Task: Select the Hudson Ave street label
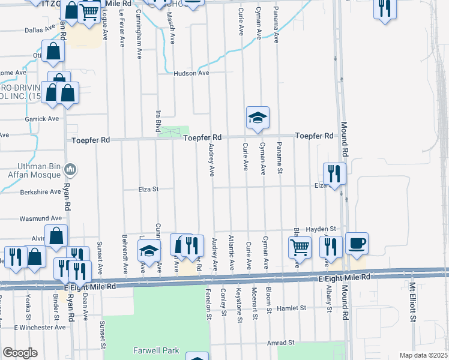[191, 73]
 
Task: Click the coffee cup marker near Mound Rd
[357, 243]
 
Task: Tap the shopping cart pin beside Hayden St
[300, 246]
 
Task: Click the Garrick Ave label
[42, 119]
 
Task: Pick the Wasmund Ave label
[40, 218]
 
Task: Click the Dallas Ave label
[40, 30]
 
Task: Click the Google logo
[19, 353]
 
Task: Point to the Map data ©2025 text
[423, 355]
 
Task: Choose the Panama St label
[279, 158]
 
